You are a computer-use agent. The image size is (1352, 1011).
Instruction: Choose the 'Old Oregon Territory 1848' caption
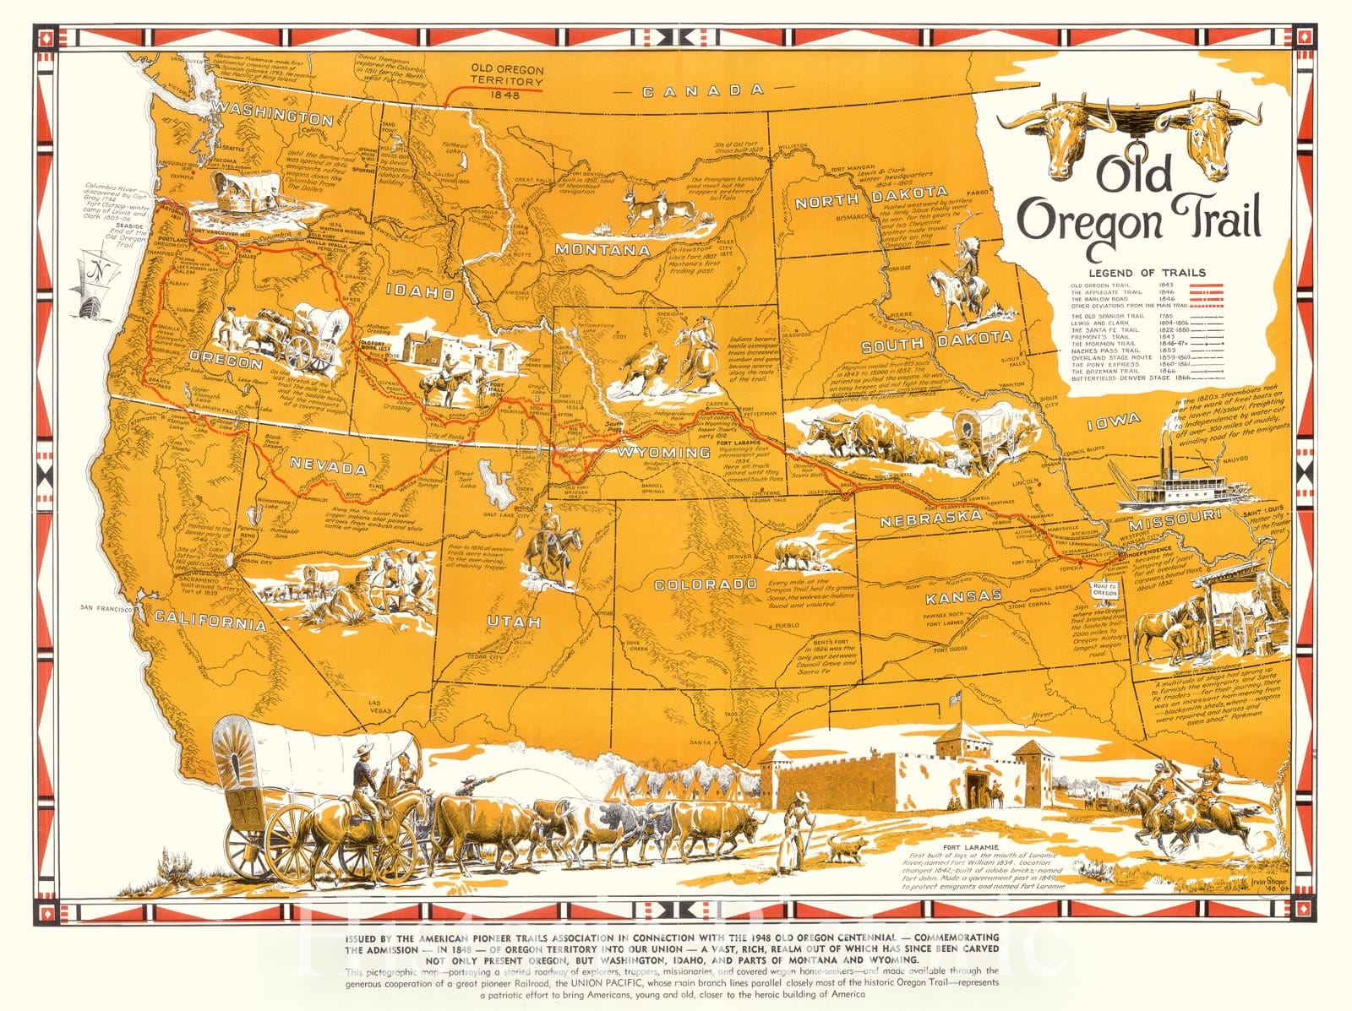[x=508, y=82]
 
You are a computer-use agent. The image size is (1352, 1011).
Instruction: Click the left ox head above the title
[x=1058, y=133]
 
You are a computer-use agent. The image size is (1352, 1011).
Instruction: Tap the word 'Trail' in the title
[x=1213, y=219]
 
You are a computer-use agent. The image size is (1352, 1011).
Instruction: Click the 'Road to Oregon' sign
[x=1104, y=590]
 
